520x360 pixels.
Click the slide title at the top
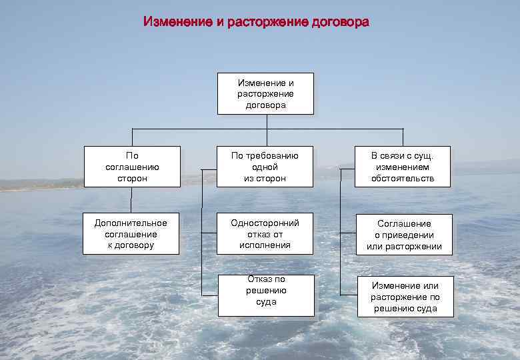point(256,22)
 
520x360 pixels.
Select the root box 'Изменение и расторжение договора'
point(265,93)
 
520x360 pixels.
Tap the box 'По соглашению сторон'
point(132,167)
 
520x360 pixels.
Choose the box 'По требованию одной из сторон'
point(265,167)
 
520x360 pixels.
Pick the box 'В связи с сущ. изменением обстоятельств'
point(403,167)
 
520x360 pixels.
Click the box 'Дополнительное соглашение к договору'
point(131,234)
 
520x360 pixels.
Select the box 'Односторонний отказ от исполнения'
point(265,234)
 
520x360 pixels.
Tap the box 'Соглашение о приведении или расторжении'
point(404,235)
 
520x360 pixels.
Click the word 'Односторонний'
point(265,223)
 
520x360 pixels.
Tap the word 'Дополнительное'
point(131,223)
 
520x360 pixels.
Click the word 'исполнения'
point(265,245)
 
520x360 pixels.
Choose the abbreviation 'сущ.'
point(424,156)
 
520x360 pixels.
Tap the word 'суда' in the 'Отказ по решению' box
point(266,302)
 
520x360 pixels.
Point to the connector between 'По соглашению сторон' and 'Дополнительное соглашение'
point(131,200)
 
